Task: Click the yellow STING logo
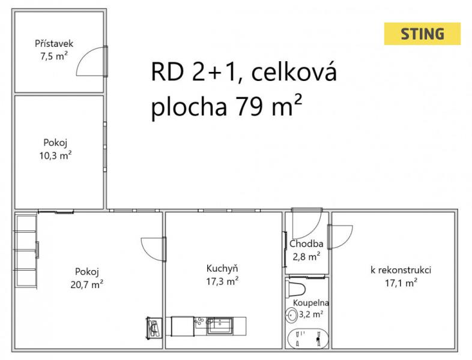click(422, 34)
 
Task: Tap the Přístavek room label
click(54, 44)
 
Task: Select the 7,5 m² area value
click(54, 56)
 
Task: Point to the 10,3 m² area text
click(55, 155)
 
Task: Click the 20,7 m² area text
click(87, 284)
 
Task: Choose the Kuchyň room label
click(222, 268)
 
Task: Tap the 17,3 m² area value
click(222, 281)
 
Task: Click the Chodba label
click(306, 244)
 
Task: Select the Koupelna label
click(311, 302)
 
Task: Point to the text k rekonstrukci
click(401, 270)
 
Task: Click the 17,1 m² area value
click(401, 283)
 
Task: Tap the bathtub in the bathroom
click(308, 338)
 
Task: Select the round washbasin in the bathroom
click(291, 315)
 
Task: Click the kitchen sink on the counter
click(219, 325)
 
